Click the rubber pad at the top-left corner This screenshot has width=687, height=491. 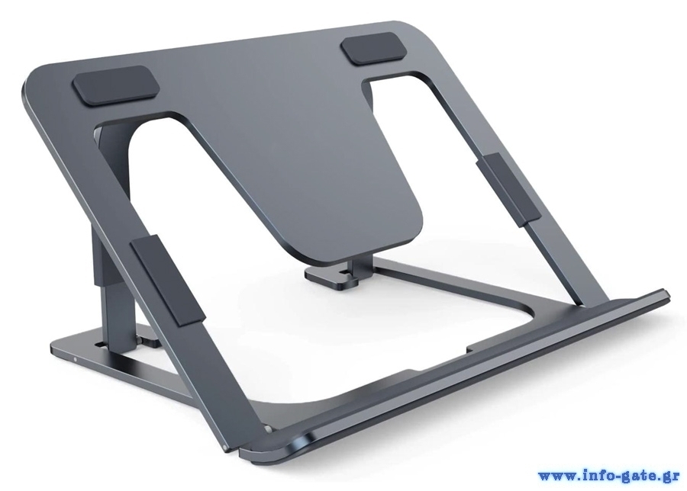tap(117, 85)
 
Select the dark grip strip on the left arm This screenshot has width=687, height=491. tap(168, 280)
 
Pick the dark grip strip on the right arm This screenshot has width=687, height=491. tap(508, 190)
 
